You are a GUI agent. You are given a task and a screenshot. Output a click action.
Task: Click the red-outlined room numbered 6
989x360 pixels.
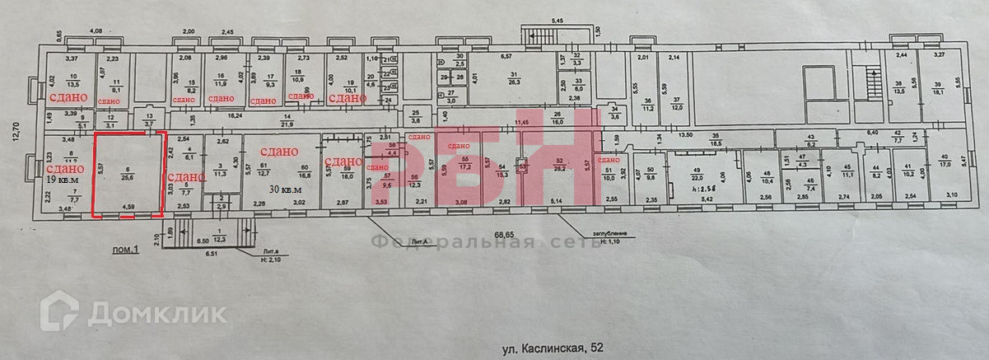(x=128, y=173)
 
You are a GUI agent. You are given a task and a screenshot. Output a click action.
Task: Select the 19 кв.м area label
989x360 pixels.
(x=63, y=179)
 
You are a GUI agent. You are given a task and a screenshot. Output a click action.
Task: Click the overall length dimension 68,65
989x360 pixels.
(x=504, y=235)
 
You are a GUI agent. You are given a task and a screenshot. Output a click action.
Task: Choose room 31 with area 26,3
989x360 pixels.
(x=514, y=78)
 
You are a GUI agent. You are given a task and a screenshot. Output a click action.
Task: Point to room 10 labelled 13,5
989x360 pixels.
(x=72, y=81)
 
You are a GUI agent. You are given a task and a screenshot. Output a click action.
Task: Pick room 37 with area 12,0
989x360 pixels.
(x=677, y=103)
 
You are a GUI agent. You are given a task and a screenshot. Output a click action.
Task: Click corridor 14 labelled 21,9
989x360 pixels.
(x=287, y=121)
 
